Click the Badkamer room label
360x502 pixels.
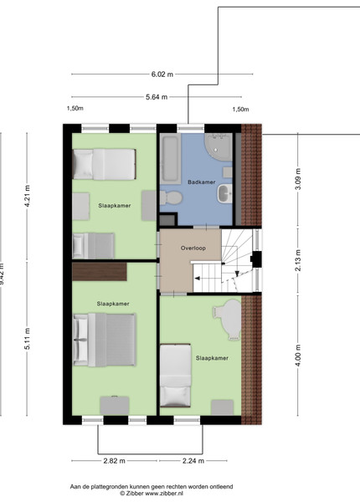[202, 182]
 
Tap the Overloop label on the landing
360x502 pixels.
[193, 248]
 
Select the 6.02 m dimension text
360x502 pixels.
[162, 74]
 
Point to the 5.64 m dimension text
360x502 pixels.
[157, 97]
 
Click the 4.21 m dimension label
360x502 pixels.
[28, 196]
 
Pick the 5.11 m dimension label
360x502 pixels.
[28, 339]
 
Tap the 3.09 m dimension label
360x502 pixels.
[298, 179]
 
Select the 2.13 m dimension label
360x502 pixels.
[298, 260]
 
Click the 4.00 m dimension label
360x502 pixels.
[298, 356]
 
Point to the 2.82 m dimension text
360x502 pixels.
[115, 461]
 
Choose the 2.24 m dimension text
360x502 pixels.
[193, 461]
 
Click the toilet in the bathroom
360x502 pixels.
[171, 197]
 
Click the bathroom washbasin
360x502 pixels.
[225, 194]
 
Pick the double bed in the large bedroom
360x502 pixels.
[105, 340]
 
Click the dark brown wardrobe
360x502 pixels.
[100, 272]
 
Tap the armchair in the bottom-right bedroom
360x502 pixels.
[228, 320]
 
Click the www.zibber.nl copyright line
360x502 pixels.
[152, 494]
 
